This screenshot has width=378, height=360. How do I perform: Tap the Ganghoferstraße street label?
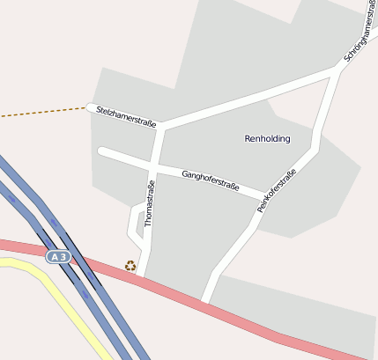pyautogui.click(x=211, y=180)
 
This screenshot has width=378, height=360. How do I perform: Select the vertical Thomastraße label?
pyautogui.click(x=150, y=203)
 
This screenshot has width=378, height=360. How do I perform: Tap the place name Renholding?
pyautogui.click(x=267, y=138)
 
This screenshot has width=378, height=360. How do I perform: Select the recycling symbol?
pyautogui.click(x=130, y=265)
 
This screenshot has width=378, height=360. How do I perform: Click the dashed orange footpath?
pyautogui.click(x=44, y=112)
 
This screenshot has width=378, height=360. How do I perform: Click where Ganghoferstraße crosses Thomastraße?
pyautogui.click(x=155, y=165)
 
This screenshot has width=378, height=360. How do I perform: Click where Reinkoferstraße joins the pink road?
pyautogui.click(x=206, y=302)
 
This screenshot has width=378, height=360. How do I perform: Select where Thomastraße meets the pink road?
pyautogui.click(x=141, y=277)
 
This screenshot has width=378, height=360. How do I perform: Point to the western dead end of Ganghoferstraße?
pyautogui.click(x=102, y=151)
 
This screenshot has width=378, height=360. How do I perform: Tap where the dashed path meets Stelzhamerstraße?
pyautogui.click(x=88, y=107)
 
